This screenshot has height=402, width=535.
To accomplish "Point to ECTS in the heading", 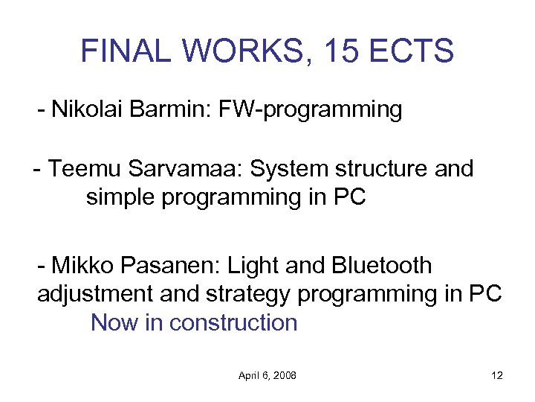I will tap(421, 51).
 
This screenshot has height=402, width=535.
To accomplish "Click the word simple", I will tap(120, 198).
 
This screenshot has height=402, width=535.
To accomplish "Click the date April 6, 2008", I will tap(267, 376).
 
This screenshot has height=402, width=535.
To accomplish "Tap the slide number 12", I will tap(497, 376).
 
